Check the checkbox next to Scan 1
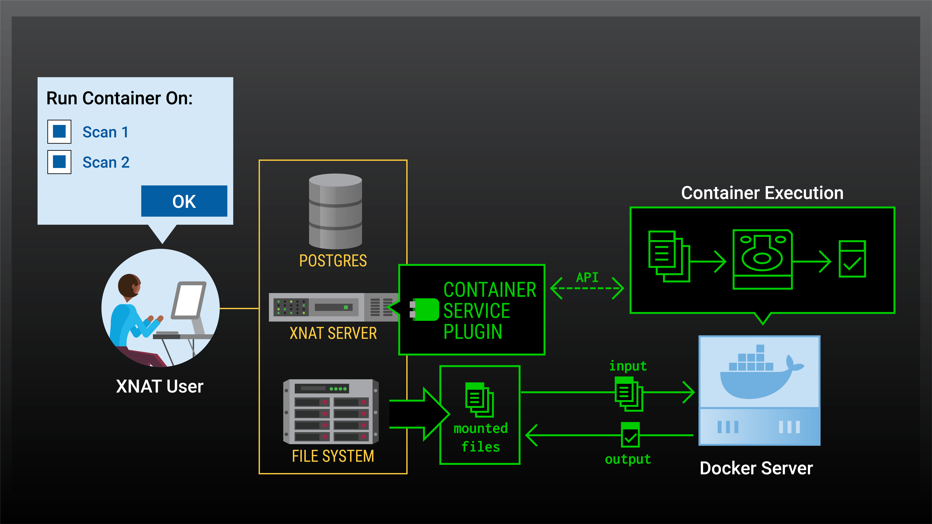[x=59, y=132]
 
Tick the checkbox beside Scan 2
[x=59, y=162]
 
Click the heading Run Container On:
[x=119, y=98]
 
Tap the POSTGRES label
[x=333, y=261]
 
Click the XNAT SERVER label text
[x=333, y=333]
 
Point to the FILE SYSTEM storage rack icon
[x=331, y=411]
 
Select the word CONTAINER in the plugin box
[x=490, y=290]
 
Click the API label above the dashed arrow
[x=587, y=277]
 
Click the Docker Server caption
[x=756, y=468]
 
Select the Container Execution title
[x=762, y=193]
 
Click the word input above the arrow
[x=628, y=366]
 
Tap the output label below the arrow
[x=628, y=459]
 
